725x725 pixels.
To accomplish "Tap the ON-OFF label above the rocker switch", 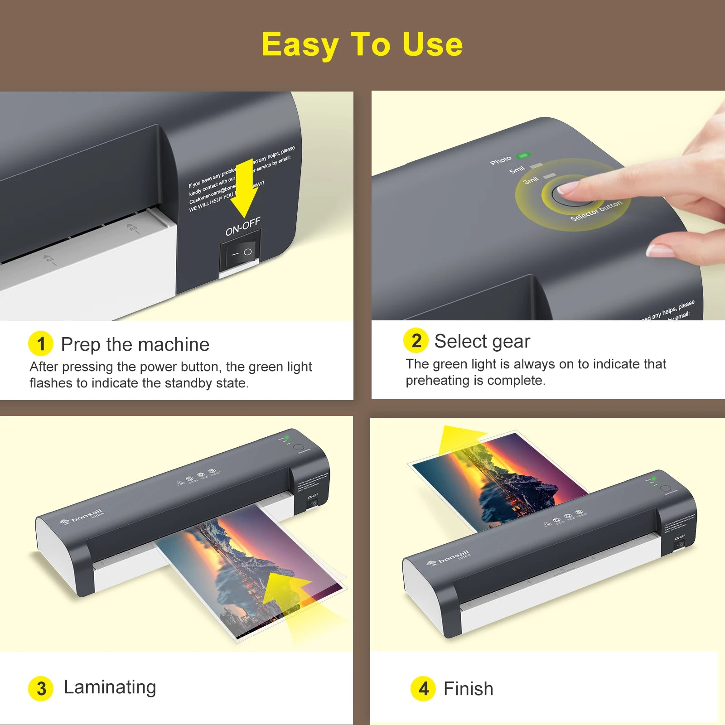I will click(x=243, y=226).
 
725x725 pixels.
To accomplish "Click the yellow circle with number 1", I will click(x=41, y=343).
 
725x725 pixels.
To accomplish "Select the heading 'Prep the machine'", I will click(x=135, y=344).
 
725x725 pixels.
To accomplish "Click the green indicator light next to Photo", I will click(x=523, y=155).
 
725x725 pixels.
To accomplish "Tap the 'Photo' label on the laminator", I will click(x=500, y=160).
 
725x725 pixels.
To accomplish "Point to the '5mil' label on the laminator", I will click(x=517, y=170).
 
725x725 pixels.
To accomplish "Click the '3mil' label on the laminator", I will click(x=531, y=180).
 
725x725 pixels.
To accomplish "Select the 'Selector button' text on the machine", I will click(x=596, y=211).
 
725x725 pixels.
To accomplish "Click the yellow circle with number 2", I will click(x=416, y=340).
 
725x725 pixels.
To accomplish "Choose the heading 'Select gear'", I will click(x=482, y=341).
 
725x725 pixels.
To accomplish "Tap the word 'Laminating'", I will click(x=110, y=687).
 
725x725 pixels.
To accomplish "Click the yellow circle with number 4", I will click(x=423, y=689).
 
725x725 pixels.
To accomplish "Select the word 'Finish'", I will click(x=468, y=689).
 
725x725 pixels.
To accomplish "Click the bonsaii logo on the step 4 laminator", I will click(x=449, y=558).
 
